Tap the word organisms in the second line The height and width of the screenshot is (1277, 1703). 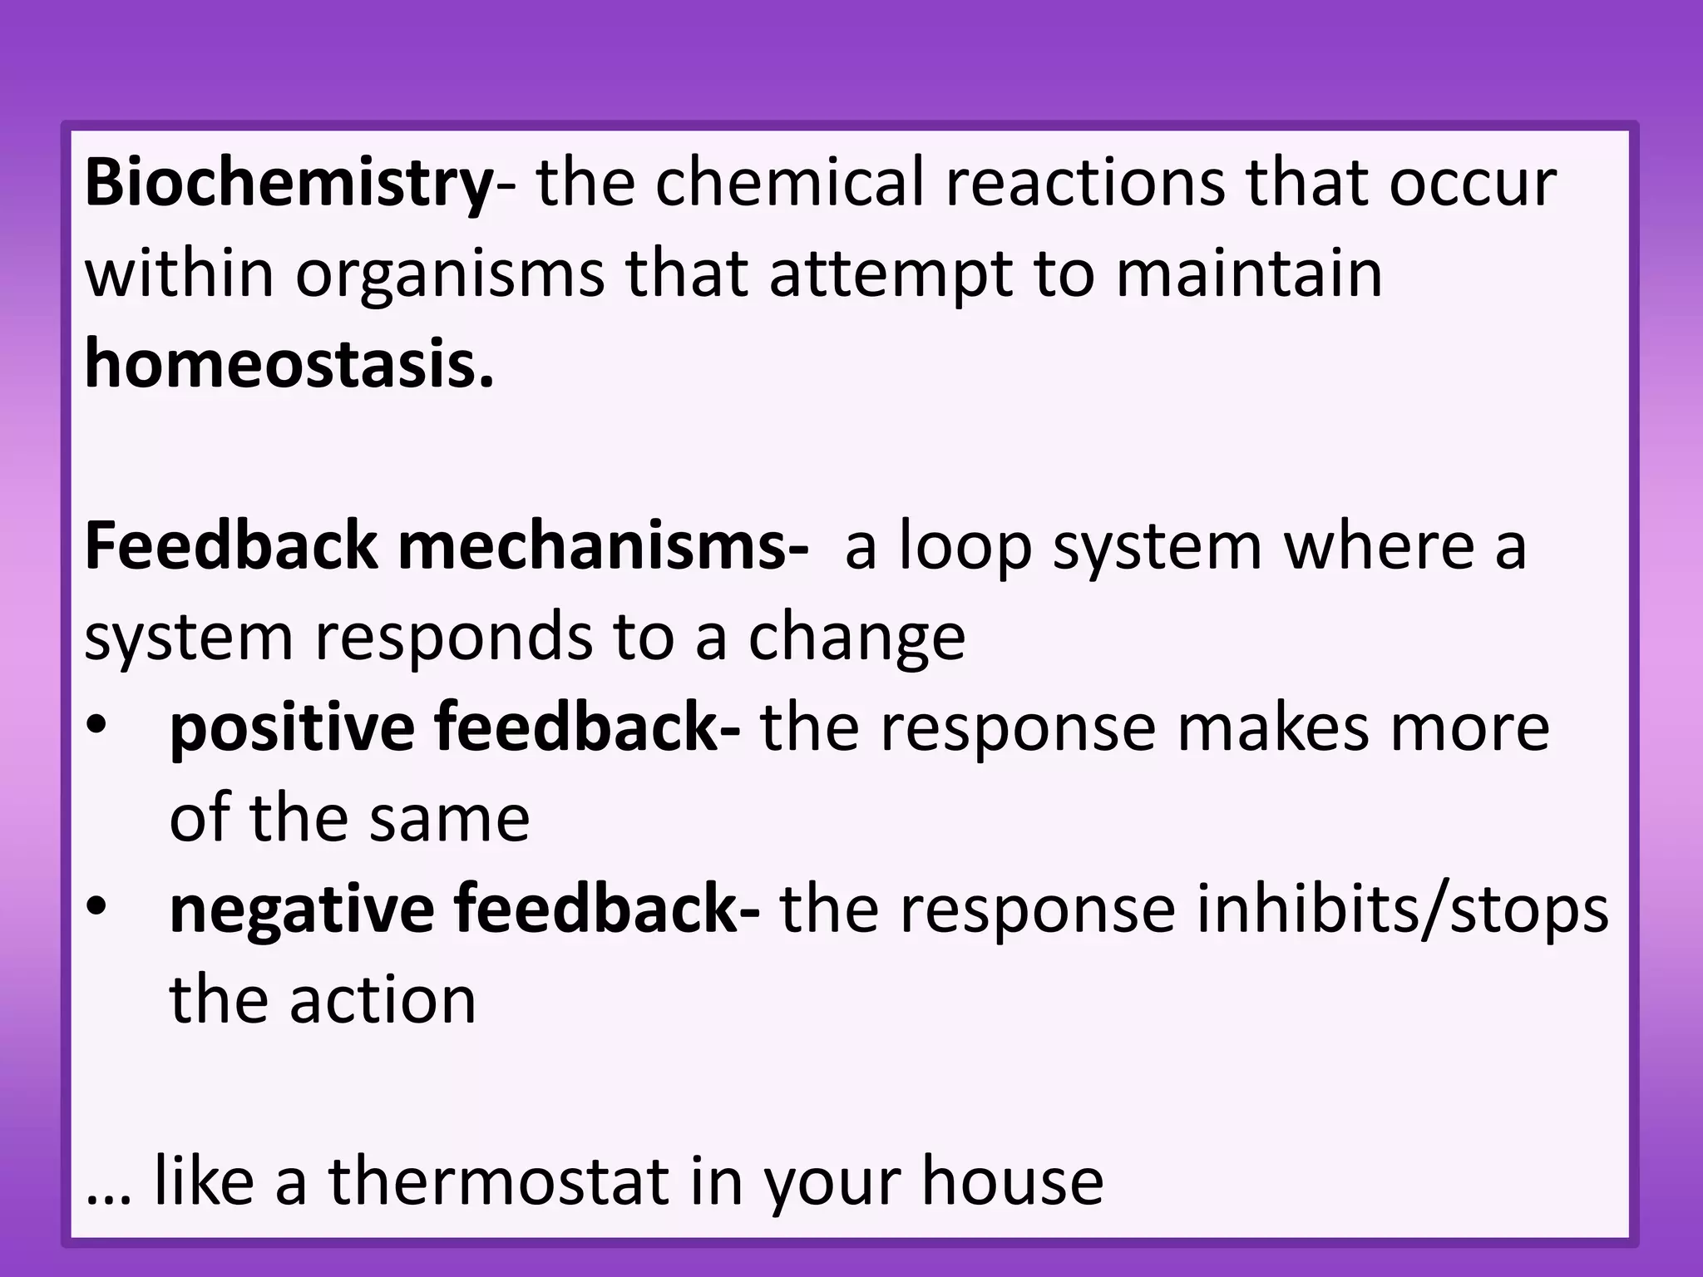[x=450, y=274]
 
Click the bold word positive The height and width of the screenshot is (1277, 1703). [x=292, y=728]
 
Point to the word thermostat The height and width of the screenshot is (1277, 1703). [x=499, y=1181]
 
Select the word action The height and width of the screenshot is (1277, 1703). [x=383, y=999]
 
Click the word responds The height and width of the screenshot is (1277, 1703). [x=453, y=638]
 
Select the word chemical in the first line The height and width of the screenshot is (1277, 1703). [x=790, y=183]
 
